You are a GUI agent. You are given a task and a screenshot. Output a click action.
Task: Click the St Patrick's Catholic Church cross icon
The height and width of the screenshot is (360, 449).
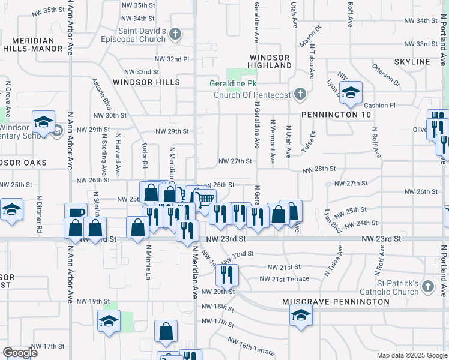pyautogui.click(x=427, y=287)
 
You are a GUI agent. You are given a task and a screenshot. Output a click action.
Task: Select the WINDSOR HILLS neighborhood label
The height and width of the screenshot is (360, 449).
pyautogui.click(x=146, y=82)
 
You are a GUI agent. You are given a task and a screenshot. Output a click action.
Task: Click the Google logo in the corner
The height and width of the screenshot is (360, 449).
pyautogui.click(x=20, y=352)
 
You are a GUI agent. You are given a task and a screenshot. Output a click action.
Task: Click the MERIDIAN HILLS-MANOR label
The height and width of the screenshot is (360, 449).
pyautogui.click(x=37, y=46)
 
